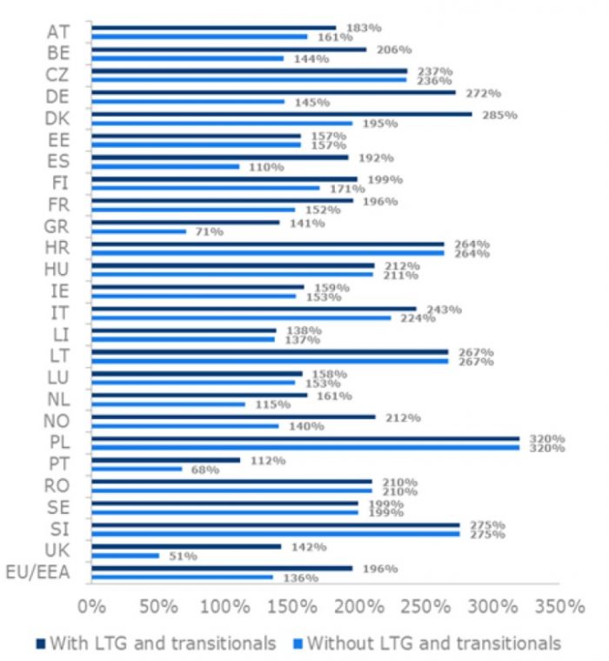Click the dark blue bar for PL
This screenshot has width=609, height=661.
(304, 438)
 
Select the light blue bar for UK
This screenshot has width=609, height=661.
(125, 555)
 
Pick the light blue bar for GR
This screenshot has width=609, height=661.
(138, 231)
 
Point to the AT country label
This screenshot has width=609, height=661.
(58, 32)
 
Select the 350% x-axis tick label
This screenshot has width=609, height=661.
(559, 606)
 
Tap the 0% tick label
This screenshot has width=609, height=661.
(90, 606)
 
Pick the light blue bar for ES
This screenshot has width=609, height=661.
(164, 166)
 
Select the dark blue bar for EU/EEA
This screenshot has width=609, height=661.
(221, 568)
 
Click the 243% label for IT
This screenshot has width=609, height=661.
(439, 310)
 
